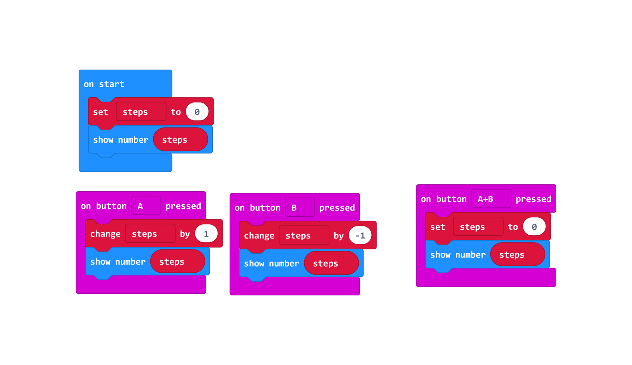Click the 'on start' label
pyautogui.click(x=104, y=84)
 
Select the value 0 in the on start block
pyautogui.click(x=197, y=112)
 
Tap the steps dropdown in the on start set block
pyautogui.click(x=141, y=112)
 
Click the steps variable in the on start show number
pyautogui.click(x=180, y=139)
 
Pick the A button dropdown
pyautogui.click(x=146, y=206)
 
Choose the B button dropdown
pyautogui.click(x=300, y=207)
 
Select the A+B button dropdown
pyautogui.click(x=491, y=199)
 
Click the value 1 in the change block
pyautogui.click(x=206, y=234)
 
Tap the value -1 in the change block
pyautogui.click(x=360, y=235)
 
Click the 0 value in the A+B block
pyautogui.click(x=534, y=227)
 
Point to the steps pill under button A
pyautogui.click(x=178, y=262)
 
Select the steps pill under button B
pyautogui.click(x=331, y=263)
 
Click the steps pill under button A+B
pyautogui.click(x=518, y=255)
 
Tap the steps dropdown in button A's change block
pyautogui.click(x=150, y=234)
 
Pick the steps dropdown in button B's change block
pyautogui.click(x=304, y=235)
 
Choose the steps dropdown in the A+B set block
pyautogui.click(x=478, y=227)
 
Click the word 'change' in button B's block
pyautogui.click(x=259, y=236)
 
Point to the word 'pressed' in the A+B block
pyautogui.click(x=533, y=199)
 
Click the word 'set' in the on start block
pyautogui.click(x=100, y=112)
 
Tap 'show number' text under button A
pyautogui.click(x=118, y=262)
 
